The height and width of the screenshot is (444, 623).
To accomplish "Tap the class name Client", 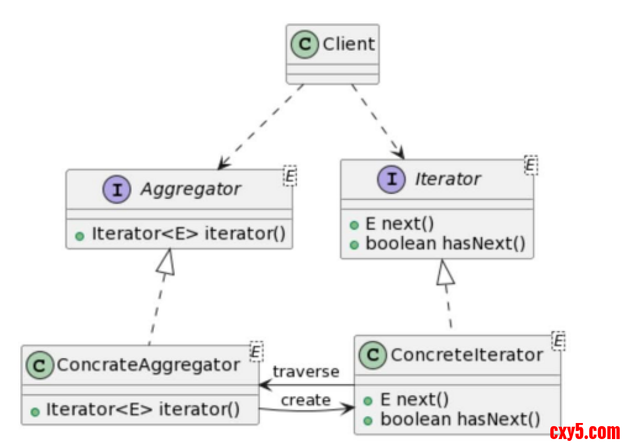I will (x=348, y=44).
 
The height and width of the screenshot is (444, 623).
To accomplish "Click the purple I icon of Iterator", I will (x=390, y=180).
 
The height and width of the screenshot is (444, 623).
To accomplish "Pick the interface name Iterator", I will (x=448, y=179).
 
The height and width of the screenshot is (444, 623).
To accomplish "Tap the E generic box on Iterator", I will (x=530, y=165).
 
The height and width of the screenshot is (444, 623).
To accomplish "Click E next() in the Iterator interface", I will (x=391, y=224).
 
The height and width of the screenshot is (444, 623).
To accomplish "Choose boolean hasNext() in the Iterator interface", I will (x=445, y=243).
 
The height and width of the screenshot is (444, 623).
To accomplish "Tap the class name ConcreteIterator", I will (x=467, y=355).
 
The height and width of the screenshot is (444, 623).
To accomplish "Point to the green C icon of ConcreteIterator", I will (x=372, y=355).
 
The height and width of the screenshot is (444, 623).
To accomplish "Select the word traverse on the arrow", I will (x=306, y=372).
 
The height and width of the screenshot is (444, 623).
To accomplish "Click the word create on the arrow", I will (x=306, y=400).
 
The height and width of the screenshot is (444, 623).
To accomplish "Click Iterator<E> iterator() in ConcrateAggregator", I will (x=143, y=409).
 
